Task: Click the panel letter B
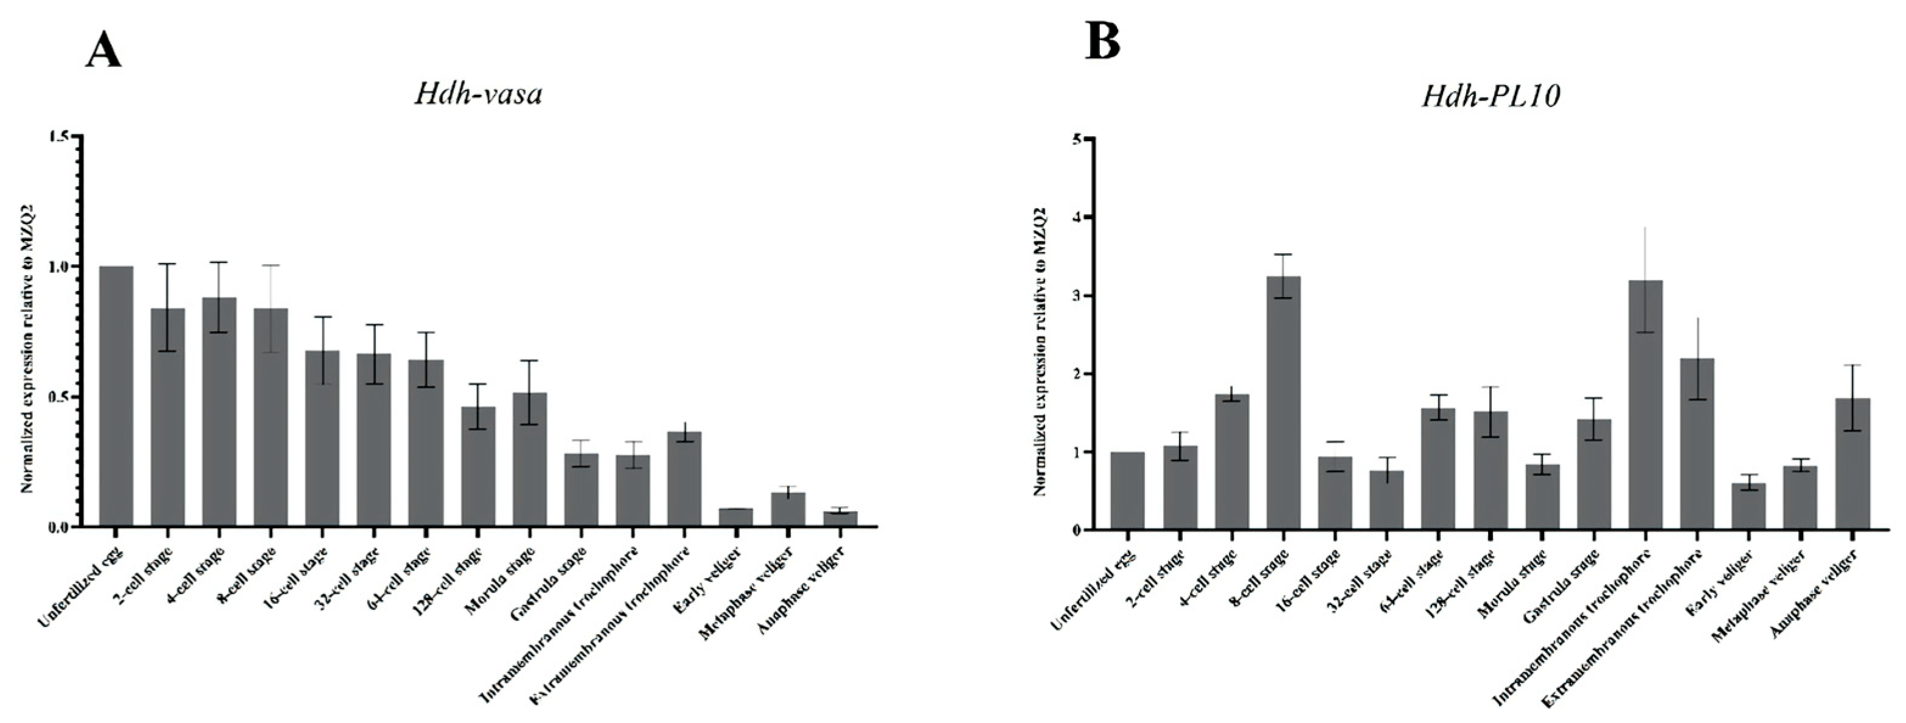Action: point(1102,40)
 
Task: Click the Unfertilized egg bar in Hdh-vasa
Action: point(116,396)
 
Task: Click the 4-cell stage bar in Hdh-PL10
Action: point(1231,462)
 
